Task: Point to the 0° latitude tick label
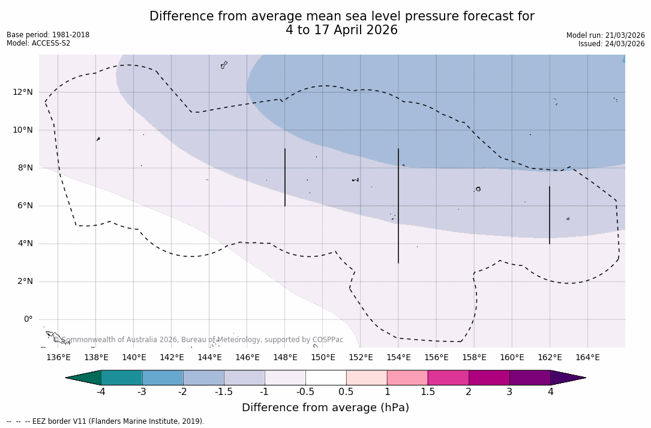click(28, 319)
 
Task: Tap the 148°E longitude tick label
click(285, 357)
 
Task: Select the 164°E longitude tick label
click(587, 357)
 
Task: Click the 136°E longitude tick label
click(58, 357)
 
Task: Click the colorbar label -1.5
click(224, 392)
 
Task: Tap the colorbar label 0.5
click(346, 392)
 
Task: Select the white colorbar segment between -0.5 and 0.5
click(326, 378)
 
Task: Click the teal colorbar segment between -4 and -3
click(122, 378)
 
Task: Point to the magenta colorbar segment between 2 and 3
click(489, 378)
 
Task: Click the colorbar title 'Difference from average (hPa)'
click(325, 408)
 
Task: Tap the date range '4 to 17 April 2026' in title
click(341, 30)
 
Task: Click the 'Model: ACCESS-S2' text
click(38, 43)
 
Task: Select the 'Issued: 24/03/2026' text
click(611, 44)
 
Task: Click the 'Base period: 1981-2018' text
click(48, 35)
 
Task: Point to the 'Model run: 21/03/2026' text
click(605, 35)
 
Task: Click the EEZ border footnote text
click(105, 421)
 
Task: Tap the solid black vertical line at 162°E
click(550, 215)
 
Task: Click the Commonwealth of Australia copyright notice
click(199, 340)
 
